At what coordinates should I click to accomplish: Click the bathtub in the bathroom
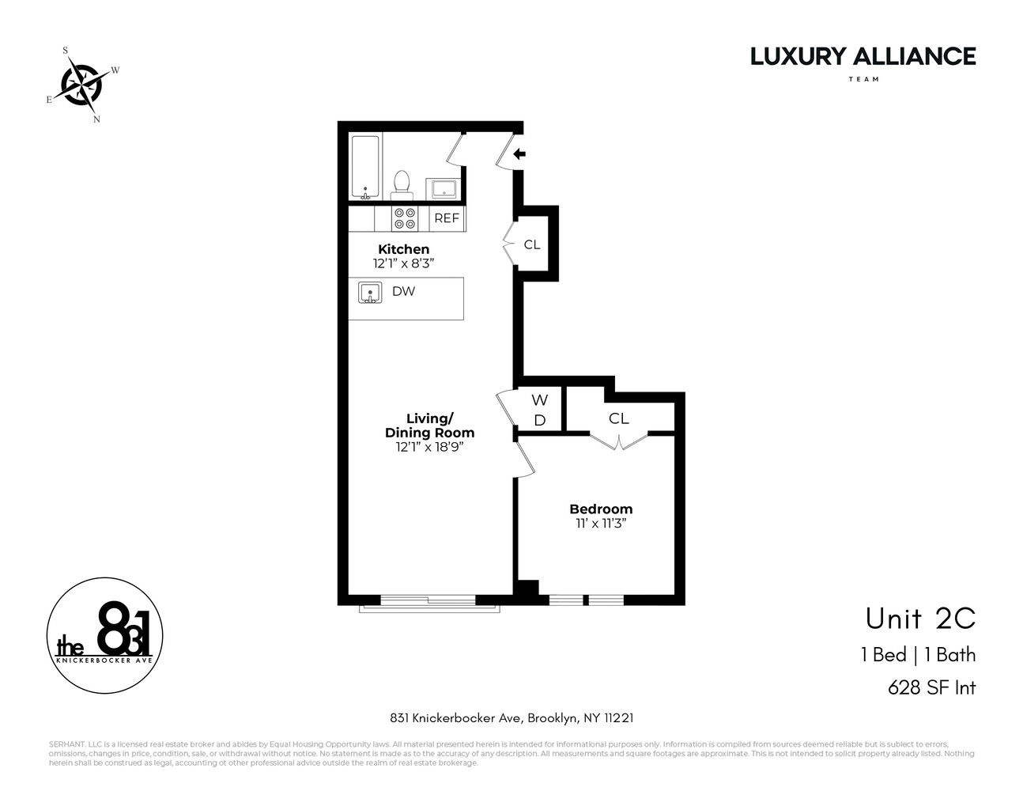365,167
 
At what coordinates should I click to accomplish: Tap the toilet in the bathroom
402,183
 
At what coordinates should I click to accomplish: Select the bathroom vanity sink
443,188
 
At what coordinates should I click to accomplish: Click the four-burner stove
406,218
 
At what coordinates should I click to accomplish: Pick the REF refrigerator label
447,218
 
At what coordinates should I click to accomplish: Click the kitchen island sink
370,293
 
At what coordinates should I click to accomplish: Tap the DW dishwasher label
403,291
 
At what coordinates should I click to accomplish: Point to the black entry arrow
519,154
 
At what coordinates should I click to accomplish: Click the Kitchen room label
403,249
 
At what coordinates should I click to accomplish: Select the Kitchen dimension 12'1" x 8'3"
403,263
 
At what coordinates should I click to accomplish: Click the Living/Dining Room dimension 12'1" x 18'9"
429,447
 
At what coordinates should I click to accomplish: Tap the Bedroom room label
601,509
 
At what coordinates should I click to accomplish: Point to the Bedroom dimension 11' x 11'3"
601,523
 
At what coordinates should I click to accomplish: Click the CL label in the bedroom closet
619,418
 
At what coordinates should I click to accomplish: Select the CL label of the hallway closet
532,244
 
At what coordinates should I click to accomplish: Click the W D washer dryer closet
539,411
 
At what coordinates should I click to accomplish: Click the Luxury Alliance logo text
863,57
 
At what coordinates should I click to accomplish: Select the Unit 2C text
920,619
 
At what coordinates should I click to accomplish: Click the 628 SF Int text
931,687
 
